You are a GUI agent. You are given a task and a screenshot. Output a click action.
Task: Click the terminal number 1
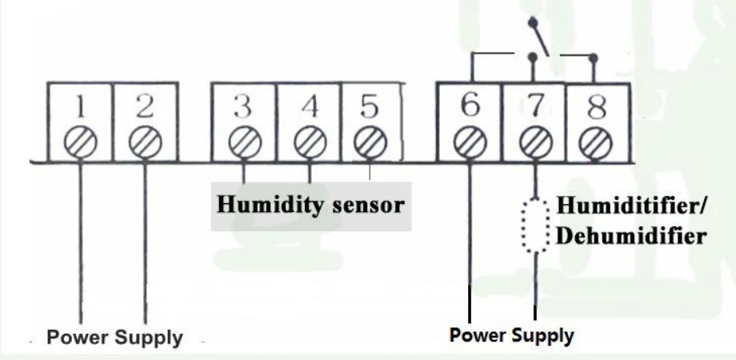[x=81, y=106]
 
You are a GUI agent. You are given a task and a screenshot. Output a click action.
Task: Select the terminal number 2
[x=145, y=106]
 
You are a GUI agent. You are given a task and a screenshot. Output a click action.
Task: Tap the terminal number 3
[x=242, y=106]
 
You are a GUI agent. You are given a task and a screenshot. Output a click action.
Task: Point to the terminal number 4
[x=310, y=106]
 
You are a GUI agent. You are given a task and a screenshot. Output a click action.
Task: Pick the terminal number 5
[x=370, y=106]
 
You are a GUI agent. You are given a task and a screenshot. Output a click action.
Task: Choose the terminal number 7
[x=535, y=105]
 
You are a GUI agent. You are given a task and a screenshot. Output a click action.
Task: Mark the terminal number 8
[x=596, y=106]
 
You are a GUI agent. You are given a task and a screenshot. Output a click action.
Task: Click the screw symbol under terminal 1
[x=81, y=142]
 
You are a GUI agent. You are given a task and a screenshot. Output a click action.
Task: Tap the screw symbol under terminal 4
[x=310, y=142]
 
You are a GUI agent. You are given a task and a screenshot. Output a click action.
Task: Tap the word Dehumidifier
[x=631, y=236]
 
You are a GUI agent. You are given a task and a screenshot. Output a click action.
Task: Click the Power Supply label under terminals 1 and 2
[x=114, y=338]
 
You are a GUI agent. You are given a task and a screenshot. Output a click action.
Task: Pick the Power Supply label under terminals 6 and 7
[x=512, y=335]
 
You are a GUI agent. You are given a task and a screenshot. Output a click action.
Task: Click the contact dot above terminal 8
[x=594, y=58]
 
